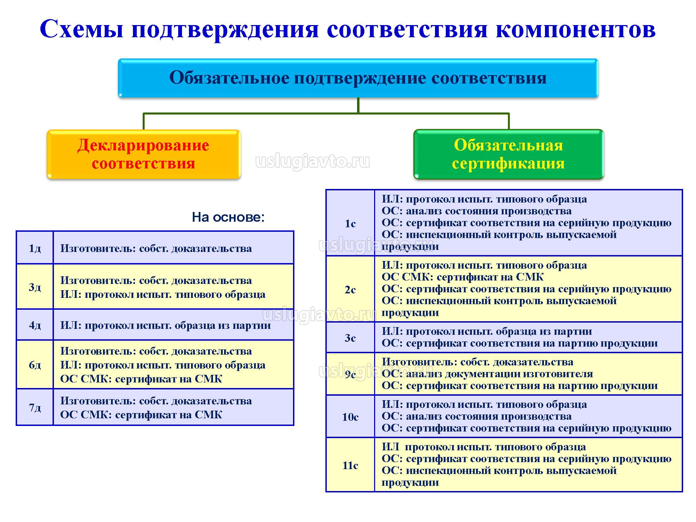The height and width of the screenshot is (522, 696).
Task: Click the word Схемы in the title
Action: point(82,29)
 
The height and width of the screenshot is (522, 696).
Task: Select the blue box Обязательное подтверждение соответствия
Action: point(358,78)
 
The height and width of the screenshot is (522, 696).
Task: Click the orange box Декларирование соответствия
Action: point(143,154)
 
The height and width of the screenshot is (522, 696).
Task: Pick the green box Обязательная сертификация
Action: point(508,154)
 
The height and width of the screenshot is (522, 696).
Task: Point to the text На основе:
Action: point(228,217)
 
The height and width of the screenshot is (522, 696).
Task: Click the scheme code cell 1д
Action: point(35,248)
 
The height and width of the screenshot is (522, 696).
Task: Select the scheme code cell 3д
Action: point(35,287)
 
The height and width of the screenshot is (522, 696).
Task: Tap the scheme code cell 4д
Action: point(35,325)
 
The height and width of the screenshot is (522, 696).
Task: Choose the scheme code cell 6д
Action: point(35,365)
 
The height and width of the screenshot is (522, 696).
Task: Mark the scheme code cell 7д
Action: point(35,407)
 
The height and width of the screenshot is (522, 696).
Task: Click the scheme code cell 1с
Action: point(350,223)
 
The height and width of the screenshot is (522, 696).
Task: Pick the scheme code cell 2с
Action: point(350,289)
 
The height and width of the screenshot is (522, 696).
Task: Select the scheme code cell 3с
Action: point(350,338)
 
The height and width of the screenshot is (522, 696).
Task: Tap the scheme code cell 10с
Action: point(350,417)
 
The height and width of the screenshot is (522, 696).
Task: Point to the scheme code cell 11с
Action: point(350,465)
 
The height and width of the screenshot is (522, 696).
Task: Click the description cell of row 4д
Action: point(173,325)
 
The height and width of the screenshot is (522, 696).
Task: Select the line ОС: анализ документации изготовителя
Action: point(487,374)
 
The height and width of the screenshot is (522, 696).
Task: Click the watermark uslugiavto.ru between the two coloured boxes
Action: point(313,162)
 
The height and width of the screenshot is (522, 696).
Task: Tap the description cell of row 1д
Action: point(173,248)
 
